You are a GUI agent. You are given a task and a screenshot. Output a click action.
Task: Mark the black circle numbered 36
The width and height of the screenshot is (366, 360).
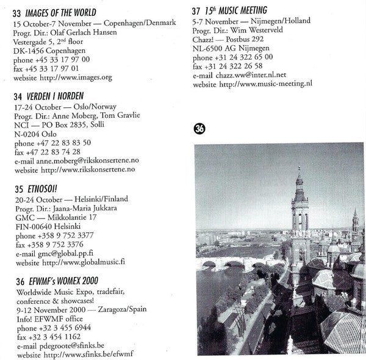(x=199, y=128)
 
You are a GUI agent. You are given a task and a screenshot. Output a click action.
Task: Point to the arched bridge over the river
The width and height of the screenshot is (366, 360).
(x=238, y=264)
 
